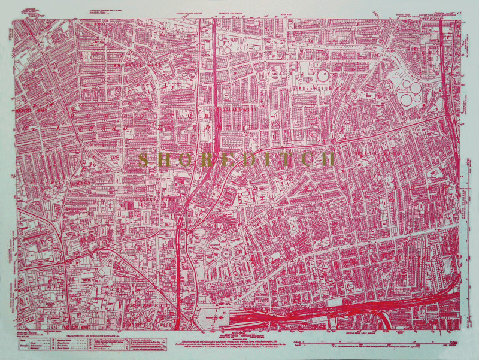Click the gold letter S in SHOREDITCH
click(x=143, y=159)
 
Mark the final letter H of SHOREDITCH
click(x=327, y=159)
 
